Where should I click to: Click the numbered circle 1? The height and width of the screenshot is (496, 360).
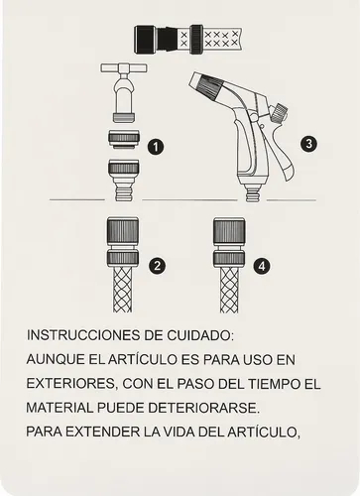click(155, 146)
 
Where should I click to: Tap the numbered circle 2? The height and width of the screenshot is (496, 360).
click(156, 265)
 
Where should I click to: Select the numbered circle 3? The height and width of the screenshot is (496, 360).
click(309, 144)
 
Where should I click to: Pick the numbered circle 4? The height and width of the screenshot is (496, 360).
click(261, 265)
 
